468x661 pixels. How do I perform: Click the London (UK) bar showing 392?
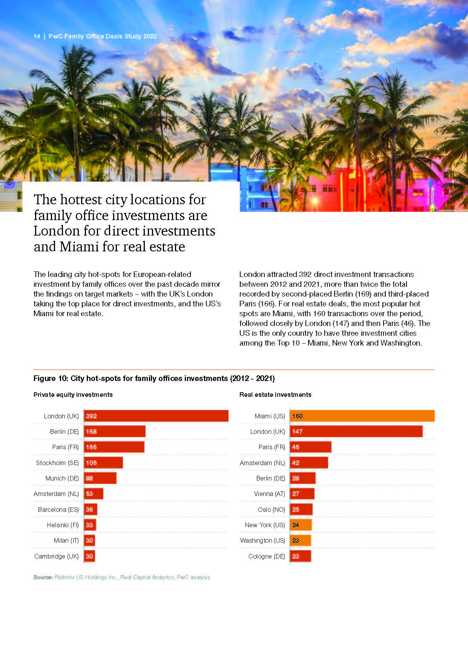156,416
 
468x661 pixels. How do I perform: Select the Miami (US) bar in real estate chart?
362,416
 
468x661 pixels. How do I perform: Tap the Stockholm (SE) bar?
103,463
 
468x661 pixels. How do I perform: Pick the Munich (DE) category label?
62,478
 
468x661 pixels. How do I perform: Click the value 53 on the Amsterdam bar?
89,494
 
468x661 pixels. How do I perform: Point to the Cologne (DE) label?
267,556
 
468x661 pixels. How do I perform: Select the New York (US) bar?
301,525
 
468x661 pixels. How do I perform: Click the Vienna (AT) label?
269,494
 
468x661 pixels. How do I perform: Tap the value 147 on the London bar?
297,431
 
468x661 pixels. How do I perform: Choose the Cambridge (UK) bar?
89,556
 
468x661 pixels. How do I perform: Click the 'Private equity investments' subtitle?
73,395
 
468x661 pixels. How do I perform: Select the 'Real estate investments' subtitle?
275,395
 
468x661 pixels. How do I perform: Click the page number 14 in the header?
37,37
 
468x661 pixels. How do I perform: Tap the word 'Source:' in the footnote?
43,577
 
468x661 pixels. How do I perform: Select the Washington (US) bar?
301,540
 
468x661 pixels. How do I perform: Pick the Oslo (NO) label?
271,510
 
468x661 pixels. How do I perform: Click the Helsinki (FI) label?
63,525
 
